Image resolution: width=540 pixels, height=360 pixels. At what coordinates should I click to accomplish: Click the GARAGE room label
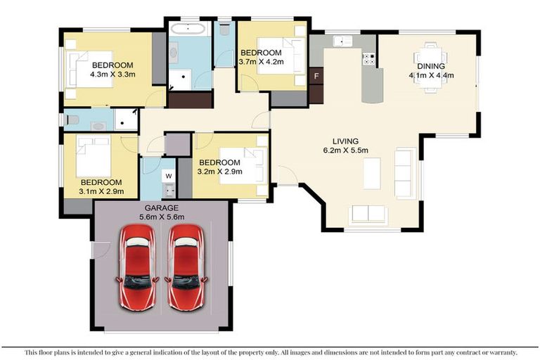click(x=161, y=208)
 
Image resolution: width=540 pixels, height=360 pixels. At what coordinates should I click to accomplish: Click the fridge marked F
click(x=316, y=75)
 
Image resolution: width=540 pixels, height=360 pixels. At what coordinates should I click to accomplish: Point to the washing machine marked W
click(x=169, y=176)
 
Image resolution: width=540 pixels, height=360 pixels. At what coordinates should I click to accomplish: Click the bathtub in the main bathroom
click(x=187, y=30)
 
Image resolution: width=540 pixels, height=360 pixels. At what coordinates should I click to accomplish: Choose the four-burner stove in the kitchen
click(x=368, y=59)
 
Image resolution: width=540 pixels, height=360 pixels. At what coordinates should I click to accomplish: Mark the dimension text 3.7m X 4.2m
click(x=260, y=62)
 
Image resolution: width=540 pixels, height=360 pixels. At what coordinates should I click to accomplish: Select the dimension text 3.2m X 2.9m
click(x=220, y=170)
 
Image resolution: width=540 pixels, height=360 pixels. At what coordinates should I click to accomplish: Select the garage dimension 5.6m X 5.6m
click(x=161, y=217)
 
